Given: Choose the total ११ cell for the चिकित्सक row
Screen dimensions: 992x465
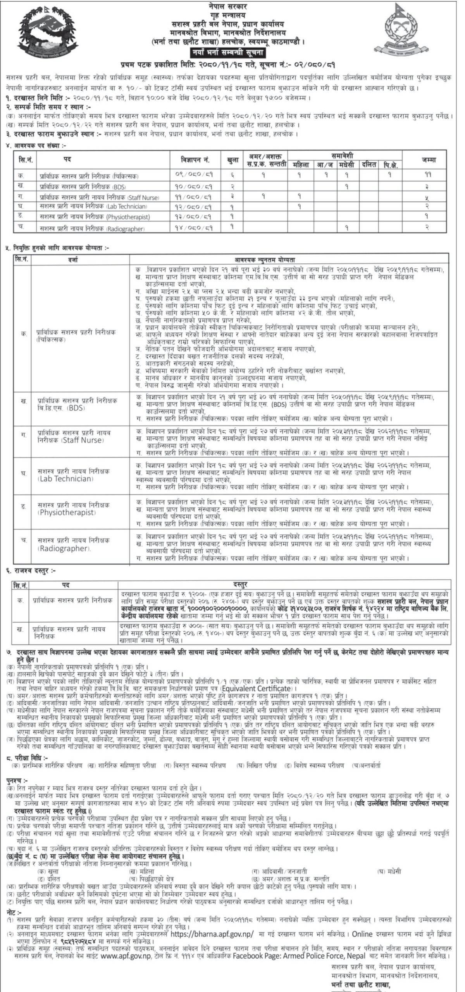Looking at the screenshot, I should click(426, 176).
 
